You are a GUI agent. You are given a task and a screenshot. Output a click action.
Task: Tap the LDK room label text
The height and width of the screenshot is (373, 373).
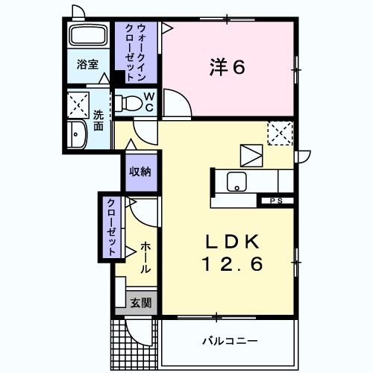pyautogui.click(x=233, y=242)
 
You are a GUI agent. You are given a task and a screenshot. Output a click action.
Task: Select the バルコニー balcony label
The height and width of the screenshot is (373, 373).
pyautogui.click(x=230, y=341)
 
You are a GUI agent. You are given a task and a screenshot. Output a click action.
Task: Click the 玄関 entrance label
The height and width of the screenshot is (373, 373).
pyautogui.click(x=140, y=303)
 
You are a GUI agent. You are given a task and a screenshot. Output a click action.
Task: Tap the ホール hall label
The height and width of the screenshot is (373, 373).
pyautogui.click(x=145, y=258)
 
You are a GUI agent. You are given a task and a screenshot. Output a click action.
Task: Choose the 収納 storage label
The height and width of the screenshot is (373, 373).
pyautogui.click(x=140, y=172)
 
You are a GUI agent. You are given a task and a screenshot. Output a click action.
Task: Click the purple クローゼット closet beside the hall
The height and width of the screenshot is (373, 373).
pyautogui.click(x=110, y=227)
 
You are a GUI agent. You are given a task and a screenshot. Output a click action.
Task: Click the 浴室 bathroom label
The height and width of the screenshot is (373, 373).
pyautogui.click(x=87, y=65)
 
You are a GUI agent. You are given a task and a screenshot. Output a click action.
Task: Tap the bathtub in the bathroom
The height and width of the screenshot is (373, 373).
pyautogui.click(x=88, y=37)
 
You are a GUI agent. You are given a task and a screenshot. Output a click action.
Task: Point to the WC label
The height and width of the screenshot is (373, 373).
pyautogui.click(x=148, y=101)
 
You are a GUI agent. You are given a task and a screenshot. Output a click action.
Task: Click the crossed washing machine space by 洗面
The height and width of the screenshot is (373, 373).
pyautogui.click(x=78, y=104)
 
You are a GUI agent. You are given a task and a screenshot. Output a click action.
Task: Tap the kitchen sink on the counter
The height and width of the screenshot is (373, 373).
pyautogui.click(x=237, y=181)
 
